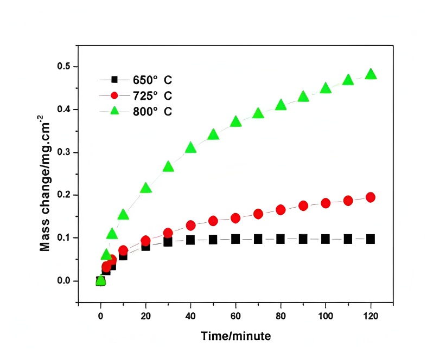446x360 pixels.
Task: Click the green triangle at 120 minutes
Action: (371, 74)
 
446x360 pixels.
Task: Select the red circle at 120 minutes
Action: (371, 197)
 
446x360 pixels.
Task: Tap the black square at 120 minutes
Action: (371, 239)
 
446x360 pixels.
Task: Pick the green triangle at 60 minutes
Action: (235, 121)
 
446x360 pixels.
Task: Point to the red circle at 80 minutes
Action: (281, 210)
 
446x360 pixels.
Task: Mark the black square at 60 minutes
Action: (235, 239)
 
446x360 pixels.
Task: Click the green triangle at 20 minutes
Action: (145, 188)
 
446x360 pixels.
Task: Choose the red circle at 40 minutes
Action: (190, 225)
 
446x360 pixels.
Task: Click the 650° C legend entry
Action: (152, 80)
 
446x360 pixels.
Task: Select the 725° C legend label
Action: (152, 96)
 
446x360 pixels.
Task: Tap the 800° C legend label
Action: (152, 112)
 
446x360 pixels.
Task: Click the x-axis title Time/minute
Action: (236, 336)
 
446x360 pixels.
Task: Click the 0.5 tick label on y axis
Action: (64, 67)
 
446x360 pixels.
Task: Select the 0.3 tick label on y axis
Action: (64, 152)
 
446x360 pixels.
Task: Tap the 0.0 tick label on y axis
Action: (64, 281)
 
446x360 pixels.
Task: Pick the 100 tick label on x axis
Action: (326, 316)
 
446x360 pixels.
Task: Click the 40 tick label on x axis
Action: (190, 316)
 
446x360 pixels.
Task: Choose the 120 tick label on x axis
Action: (371, 316)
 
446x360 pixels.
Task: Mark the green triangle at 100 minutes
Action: (326, 88)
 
